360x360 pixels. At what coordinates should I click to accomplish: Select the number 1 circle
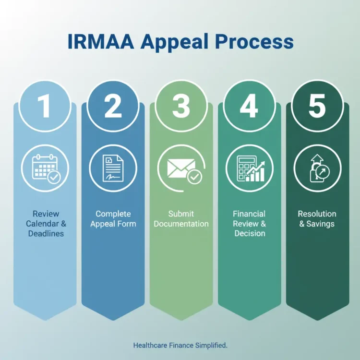click(45, 107)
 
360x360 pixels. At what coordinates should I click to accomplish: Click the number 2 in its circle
click(113, 107)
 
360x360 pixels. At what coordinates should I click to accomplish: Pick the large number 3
click(181, 107)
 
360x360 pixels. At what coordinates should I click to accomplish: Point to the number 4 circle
click(249, 107)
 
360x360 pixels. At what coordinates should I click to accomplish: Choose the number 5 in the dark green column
click(317, 107)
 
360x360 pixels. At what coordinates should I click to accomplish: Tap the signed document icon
click(113, 168)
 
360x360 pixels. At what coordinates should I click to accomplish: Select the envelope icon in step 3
click(181, 168)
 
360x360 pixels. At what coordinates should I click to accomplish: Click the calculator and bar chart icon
click(249, 168)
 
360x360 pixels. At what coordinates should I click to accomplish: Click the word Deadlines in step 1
click(45, 234)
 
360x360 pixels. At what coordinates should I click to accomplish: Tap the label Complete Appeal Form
click(113, 219)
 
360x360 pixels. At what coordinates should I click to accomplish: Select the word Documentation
click(181, 224)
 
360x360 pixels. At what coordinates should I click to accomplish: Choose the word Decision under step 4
click(250, 234)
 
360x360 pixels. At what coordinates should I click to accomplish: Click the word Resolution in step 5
click(317, 214)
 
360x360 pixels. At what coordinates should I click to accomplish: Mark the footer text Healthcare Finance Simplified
click(180, 345)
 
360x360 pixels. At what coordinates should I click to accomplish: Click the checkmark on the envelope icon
click(194, 177)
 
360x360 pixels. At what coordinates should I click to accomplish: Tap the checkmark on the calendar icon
click(54, 178)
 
